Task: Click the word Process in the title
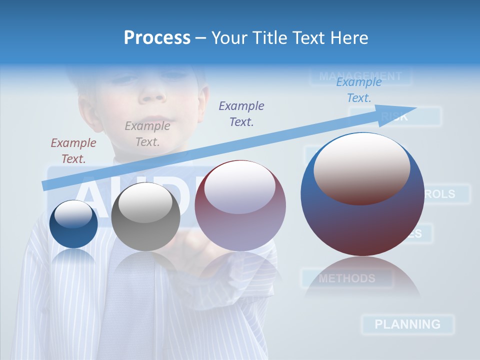[x=157, y=38]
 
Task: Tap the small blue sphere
[x=73, y=224]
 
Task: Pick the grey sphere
[x=145, y=217]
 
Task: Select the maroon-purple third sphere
[x=240, y=206]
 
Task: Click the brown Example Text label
[x=73, y=151]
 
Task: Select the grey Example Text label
[x=147, y=134]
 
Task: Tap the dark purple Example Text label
[x=241, y=113]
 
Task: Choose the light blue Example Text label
[x=359, y=90]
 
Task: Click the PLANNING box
[x=407, y=324]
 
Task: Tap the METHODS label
[x=346, y=278]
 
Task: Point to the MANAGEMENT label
[x=360, y=76]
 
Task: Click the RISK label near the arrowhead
[x=395, y=117]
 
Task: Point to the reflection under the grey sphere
[x=145, y=265]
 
